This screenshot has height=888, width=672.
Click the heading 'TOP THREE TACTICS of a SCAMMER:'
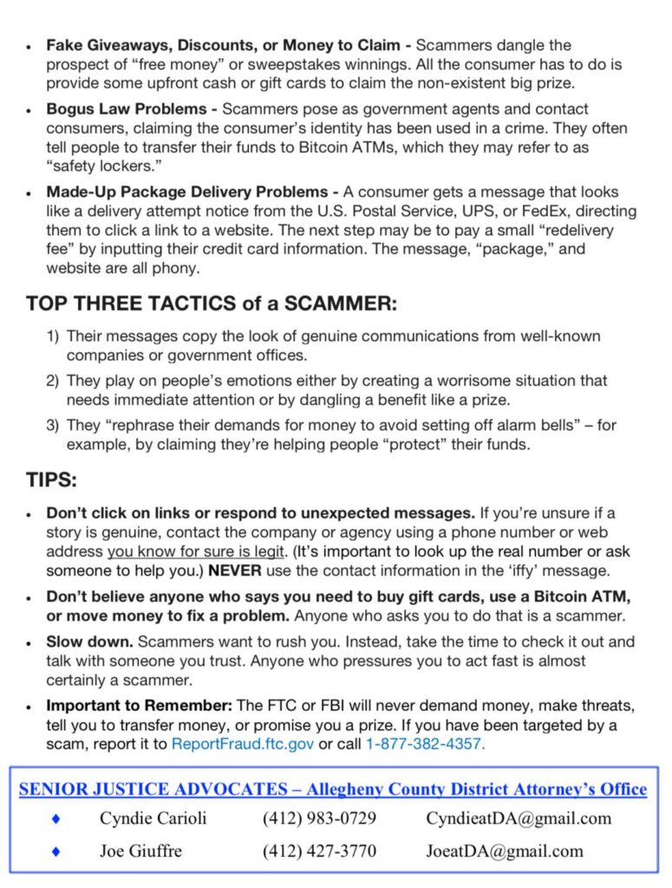pos(212,304)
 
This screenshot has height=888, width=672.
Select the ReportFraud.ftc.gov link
pos(244,743)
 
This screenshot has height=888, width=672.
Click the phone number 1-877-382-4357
pos(425,743)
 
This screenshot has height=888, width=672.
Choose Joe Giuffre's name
pos(140,851)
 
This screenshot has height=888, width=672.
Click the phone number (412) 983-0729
pos(319,818)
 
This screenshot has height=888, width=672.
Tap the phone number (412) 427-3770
pos(319,851)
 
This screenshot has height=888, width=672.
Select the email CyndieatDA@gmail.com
pos(518,818)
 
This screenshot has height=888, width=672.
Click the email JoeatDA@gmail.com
pos(505,851)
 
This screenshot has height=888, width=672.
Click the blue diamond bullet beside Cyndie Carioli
pos(56,818)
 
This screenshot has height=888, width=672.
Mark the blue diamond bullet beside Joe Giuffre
pos(56,851)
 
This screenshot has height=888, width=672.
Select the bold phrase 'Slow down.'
pos(89,642)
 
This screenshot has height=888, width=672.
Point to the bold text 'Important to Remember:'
pos(140,705)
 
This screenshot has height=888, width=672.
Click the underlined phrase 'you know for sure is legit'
pos(196,552)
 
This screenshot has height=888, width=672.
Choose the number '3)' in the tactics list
pos(53,425)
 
